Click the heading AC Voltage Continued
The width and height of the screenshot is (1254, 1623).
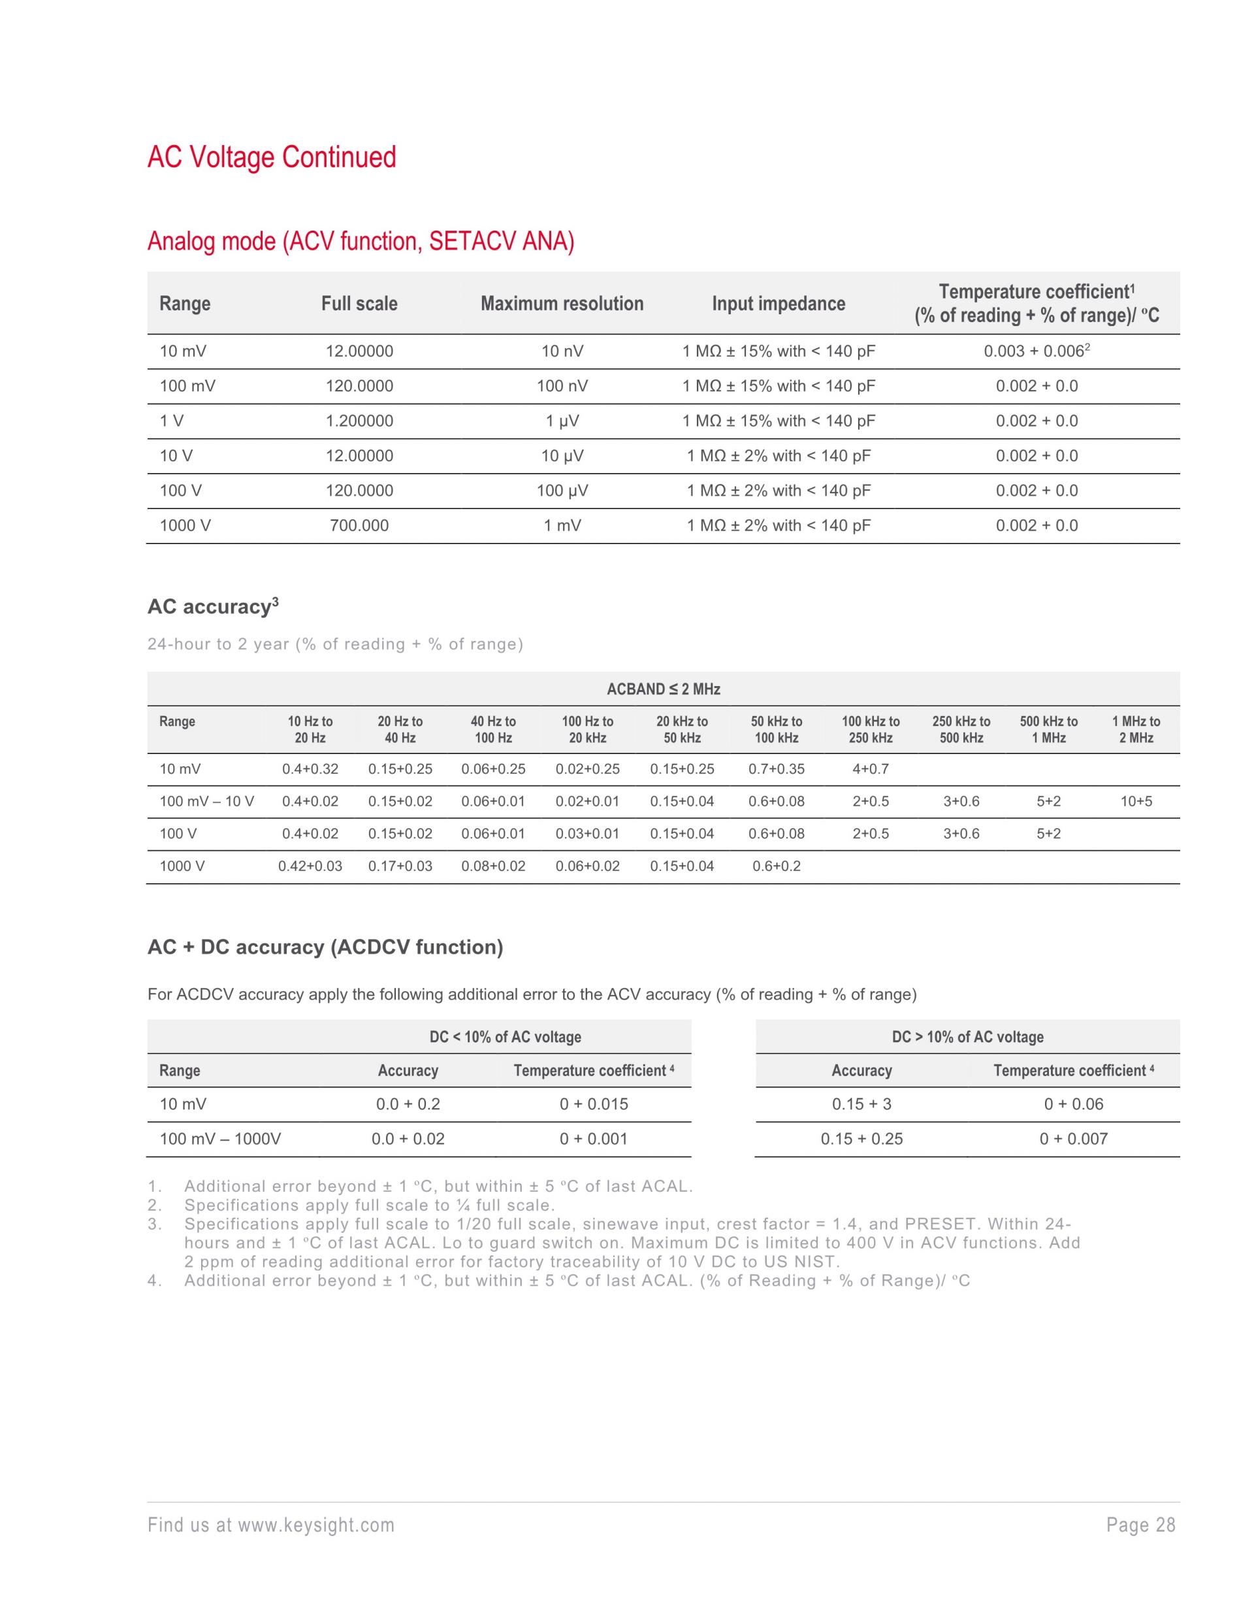click(x=271, y=157)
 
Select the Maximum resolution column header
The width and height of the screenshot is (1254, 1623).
click(x=562, y=303)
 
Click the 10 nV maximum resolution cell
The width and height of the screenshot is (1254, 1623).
click(x=562, y=352)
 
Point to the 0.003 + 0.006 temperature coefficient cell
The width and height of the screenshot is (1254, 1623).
click(x=1036, y=352)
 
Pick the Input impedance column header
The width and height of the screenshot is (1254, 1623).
click(x=778, y=303)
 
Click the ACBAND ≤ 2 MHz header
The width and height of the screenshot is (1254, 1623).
click(x=663, y=689)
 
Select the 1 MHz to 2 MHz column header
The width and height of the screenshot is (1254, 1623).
click(x=1135, y=729)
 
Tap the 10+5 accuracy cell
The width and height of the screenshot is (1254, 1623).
click(x=1136, y=801)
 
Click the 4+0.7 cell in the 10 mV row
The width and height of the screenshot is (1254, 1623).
click(x=870, y=769)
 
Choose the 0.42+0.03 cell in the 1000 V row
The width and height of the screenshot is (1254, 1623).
click(x=310, y=866)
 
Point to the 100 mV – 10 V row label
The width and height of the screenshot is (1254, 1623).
click(x=206, y=801)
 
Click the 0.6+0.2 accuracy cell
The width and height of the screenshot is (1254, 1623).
click(x=777, y=866)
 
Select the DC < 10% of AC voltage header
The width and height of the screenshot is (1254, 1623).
click(x=505, y=1037)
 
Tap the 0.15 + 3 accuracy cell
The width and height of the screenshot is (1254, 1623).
click(x=861, y=1104)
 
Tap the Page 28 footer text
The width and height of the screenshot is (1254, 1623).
click(x=1140, y=1525)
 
